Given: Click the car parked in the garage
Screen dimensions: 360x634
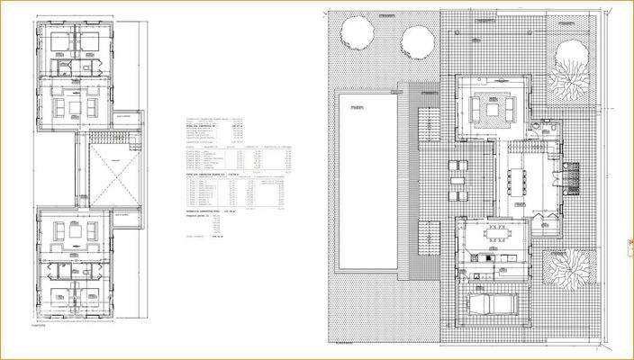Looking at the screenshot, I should coord(491,303).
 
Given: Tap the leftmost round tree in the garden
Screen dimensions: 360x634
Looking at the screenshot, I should coord(358,36).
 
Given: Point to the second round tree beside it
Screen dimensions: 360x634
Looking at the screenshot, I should coord(416,40).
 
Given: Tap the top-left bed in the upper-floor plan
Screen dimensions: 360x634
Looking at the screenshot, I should coord(58,42).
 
